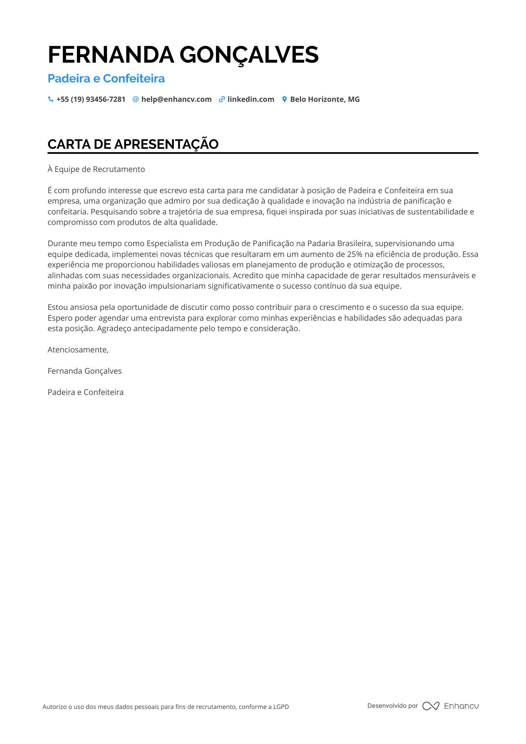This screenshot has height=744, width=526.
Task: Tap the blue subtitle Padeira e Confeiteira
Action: [106, 78]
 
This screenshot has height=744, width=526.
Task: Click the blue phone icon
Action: [51, 99]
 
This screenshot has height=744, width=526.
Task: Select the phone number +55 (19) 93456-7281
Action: [91, 99]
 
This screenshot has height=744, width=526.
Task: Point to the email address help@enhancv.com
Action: [176, 99]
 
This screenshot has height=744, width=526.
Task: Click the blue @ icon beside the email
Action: [136, 99]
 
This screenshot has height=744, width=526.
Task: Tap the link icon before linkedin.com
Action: [222, 99]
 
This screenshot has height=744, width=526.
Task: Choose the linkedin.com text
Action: [251, 99]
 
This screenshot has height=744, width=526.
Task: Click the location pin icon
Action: [284, 99]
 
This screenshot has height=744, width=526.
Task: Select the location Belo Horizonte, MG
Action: [325, 99]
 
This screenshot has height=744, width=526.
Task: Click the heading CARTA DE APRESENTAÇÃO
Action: [133, 144]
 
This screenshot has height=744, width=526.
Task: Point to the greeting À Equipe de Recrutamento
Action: [96, 169]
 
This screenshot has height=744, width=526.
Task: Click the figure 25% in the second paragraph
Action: [354, 254]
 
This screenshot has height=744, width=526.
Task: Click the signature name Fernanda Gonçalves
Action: [85, 371]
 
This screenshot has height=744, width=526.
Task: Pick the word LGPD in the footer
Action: [281, 707]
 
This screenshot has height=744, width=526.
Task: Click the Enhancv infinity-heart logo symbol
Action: [430, 706]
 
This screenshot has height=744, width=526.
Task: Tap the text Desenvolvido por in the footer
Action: [392, 706]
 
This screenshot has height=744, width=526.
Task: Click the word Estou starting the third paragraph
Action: [57, 307]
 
